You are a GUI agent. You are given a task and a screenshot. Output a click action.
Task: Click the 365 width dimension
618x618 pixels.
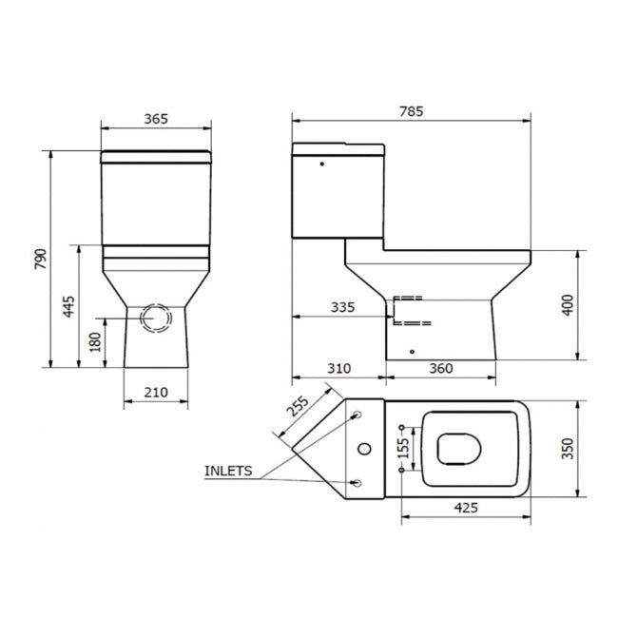click(x=156, y=119)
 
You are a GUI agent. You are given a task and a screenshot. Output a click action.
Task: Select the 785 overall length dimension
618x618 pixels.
click(x=411, y=111)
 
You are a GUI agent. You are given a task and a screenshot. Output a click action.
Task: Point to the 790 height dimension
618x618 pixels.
click(x=40, y=259)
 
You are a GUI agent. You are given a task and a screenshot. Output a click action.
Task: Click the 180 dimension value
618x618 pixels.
click(x=95, y=342)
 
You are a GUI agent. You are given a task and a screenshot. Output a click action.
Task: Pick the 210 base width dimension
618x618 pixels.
click(x=156, y=392)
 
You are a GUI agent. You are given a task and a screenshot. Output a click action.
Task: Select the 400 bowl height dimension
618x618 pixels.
click(x=568, y=306)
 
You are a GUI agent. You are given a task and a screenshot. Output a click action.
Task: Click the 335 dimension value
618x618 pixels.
click(x=342, y=307)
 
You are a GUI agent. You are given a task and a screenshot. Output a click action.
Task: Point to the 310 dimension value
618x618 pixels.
click(x=338, y=368)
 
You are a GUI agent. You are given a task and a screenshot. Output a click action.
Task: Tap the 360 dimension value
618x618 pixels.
click(x=439, y=368)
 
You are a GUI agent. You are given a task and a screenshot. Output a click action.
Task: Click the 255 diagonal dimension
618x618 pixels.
click(x=297, y=406)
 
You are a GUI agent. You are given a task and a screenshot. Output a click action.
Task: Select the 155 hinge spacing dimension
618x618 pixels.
click(x=403, y=448)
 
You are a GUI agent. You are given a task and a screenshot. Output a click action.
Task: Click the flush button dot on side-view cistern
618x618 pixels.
click(x=323, y=163)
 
